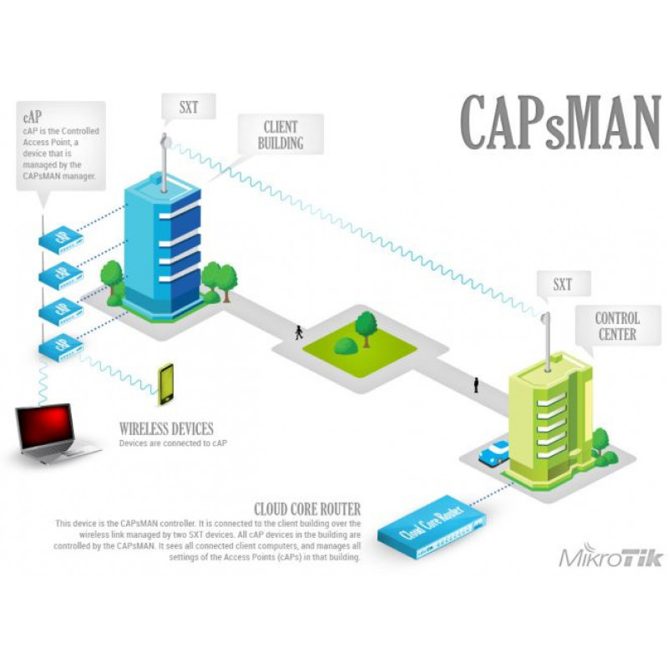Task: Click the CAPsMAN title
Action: (560, 122)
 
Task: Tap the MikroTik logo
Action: (610, 556)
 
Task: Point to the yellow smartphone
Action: (165, 384)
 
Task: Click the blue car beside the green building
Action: (494, 453)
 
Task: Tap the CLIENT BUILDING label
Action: (281, 134)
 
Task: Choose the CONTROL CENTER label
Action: (617, 326)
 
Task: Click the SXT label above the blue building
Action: (189, 107)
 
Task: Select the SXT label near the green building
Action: (562, 284)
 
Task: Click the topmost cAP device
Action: (60, 240)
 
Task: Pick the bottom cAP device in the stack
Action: (60, 347)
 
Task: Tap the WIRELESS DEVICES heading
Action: (166, 428)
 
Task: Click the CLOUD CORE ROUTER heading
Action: (307, 509)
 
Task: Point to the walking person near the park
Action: (299, 332)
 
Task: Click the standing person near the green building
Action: (476, 385)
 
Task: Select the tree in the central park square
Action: (366, 328)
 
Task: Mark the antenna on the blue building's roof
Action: (164, 162)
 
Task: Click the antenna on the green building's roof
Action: (547, 342)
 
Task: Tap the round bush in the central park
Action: (345, 346)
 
